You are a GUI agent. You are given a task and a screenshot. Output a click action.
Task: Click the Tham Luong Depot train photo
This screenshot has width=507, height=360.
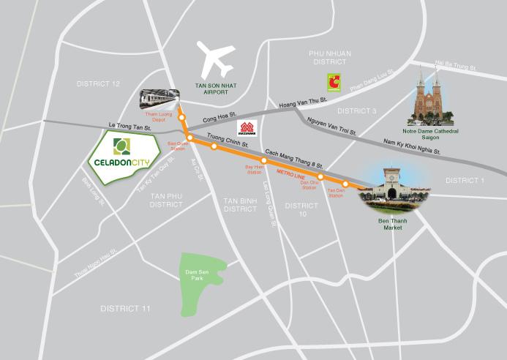[160, 98]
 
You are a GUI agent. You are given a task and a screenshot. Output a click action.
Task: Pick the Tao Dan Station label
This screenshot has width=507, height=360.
[335, 193]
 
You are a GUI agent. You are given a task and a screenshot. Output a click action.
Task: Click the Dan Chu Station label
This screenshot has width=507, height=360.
[309, 186]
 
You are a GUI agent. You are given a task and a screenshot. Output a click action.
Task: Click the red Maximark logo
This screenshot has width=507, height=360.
[247, 128]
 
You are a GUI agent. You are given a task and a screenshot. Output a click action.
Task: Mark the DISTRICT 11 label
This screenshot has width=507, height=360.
[125, 309]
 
